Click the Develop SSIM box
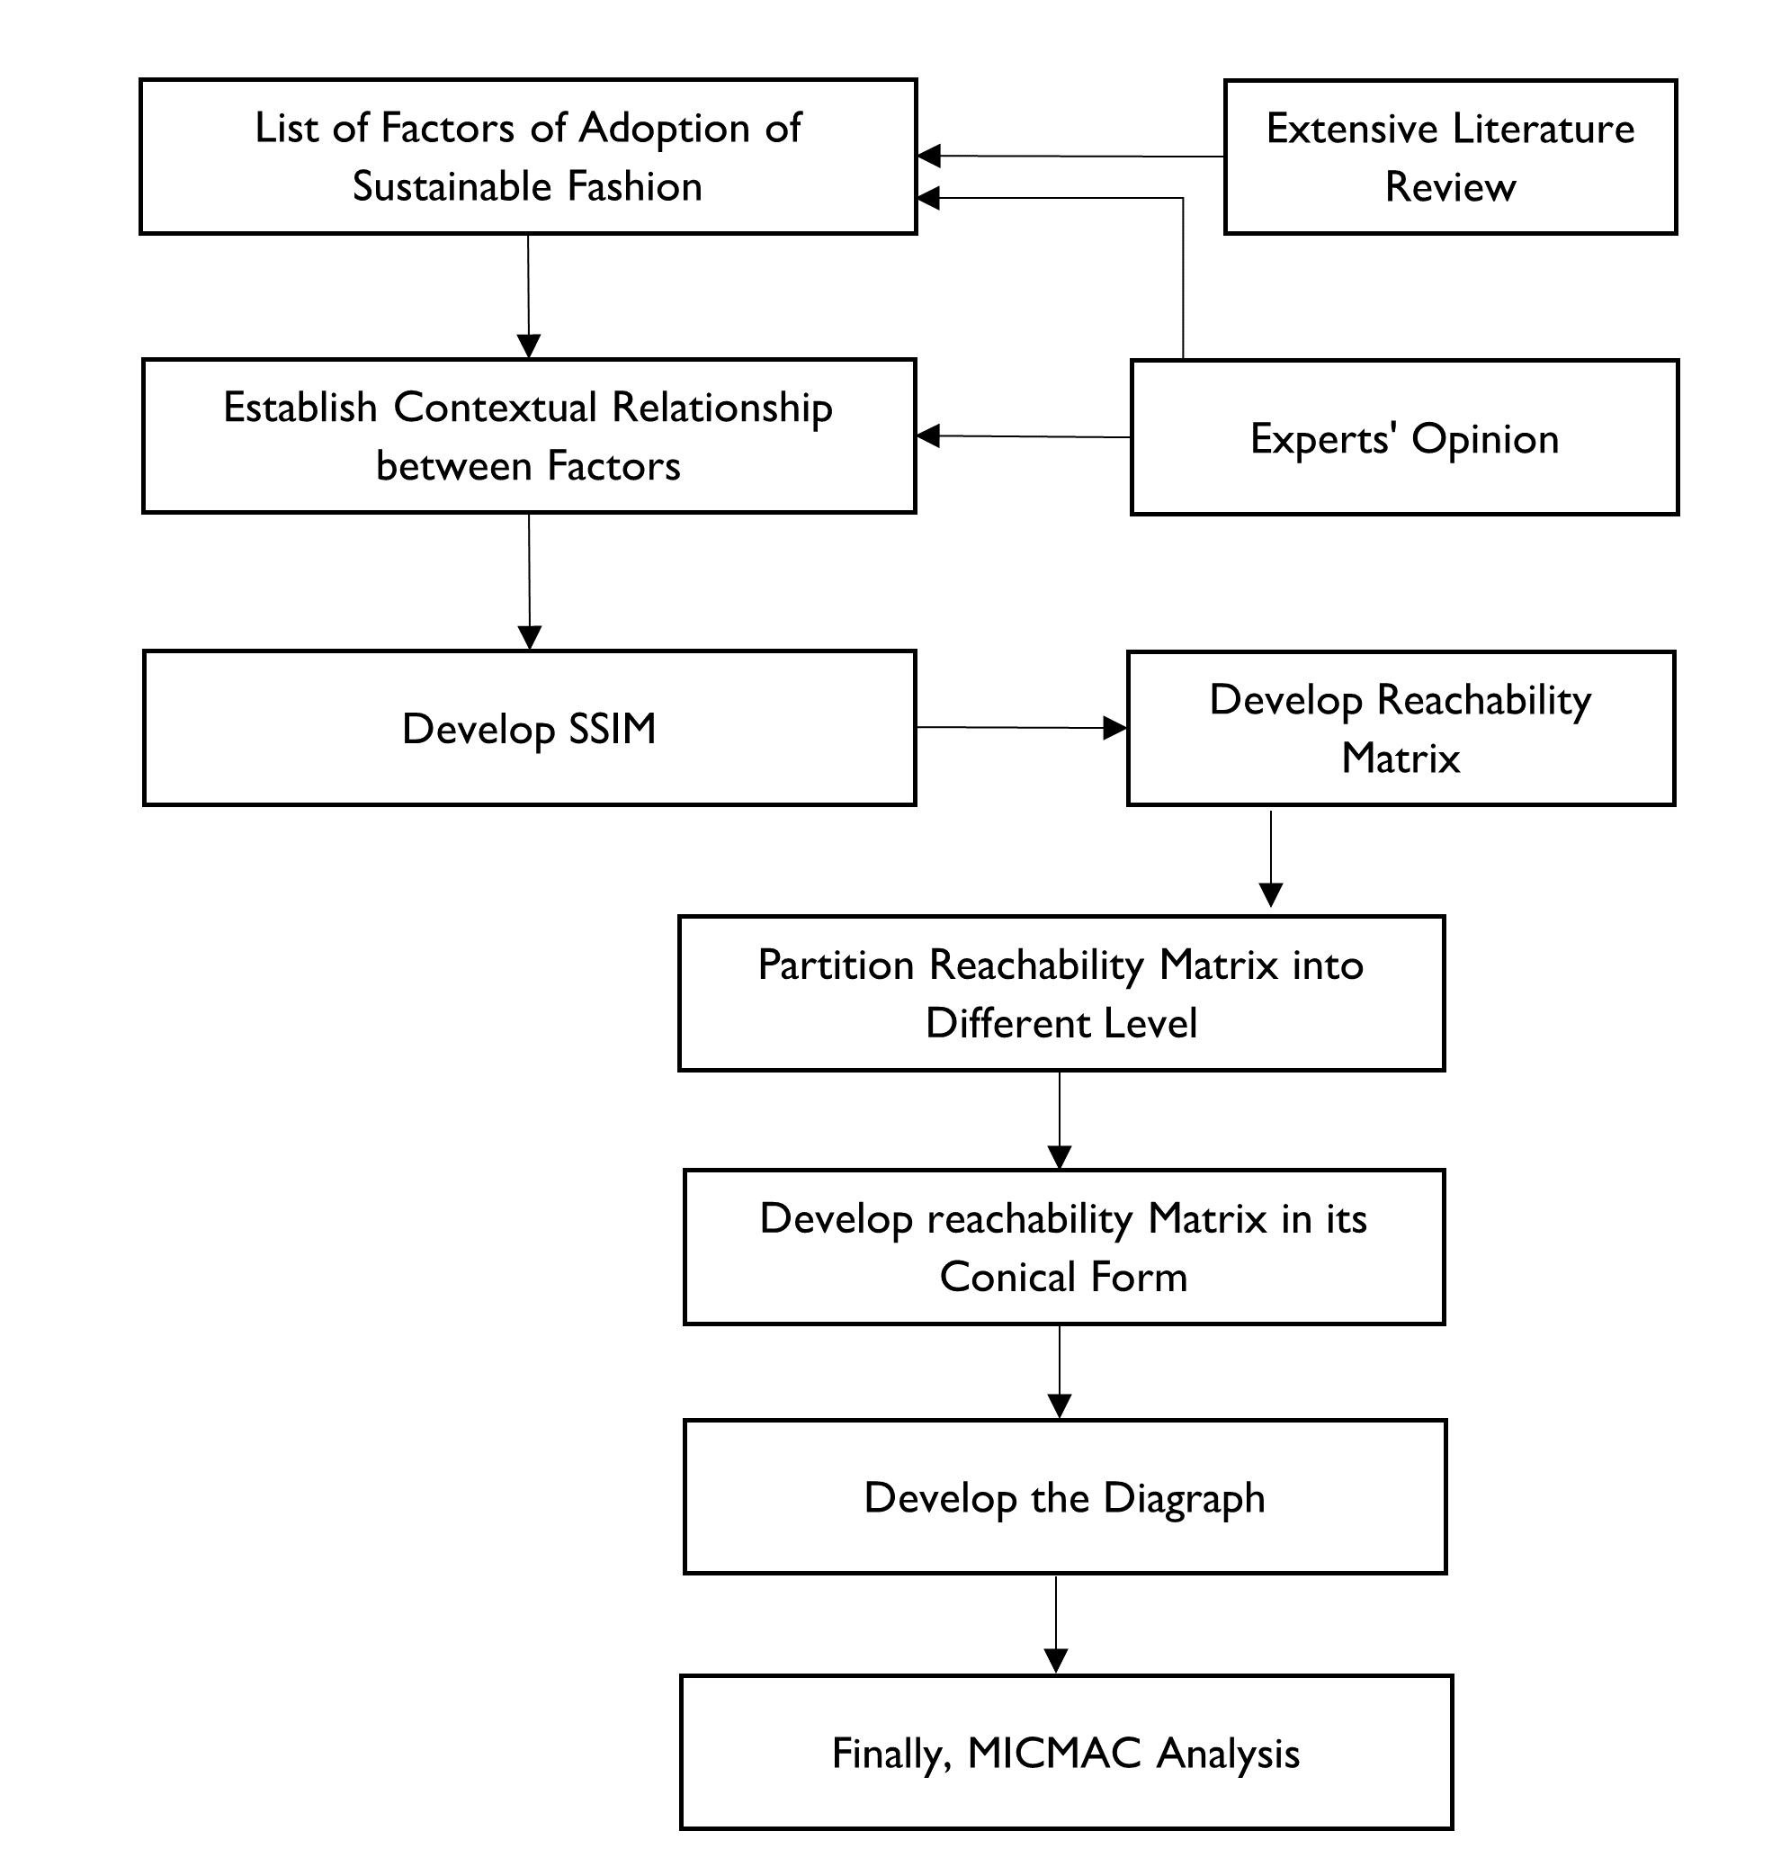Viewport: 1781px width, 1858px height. (x=529, y=728)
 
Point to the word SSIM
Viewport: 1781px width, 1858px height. (x=612, y=729)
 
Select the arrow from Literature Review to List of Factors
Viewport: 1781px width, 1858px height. (x=1071, y=156)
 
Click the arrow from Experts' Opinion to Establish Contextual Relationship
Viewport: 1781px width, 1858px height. (x=1024, y=437)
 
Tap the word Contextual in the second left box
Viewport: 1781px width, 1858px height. (x=495, y=408)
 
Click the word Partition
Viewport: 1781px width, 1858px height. (x=836, y=965)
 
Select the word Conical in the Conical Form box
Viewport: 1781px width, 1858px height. (x=1008, y=1277)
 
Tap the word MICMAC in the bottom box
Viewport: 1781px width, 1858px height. (x=1053, y=1753)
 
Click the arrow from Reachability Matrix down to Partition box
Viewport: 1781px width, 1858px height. (x=1271, y=857)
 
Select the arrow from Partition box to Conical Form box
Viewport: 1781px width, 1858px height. (x=1060, y=1119)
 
